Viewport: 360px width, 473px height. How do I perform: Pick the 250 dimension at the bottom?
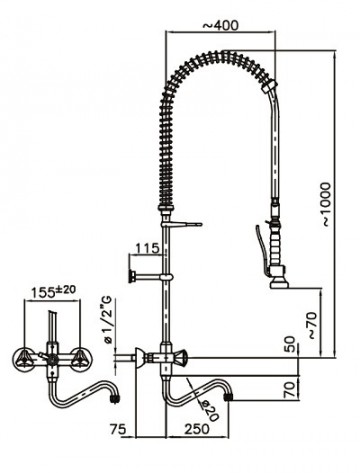coord(197,429)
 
